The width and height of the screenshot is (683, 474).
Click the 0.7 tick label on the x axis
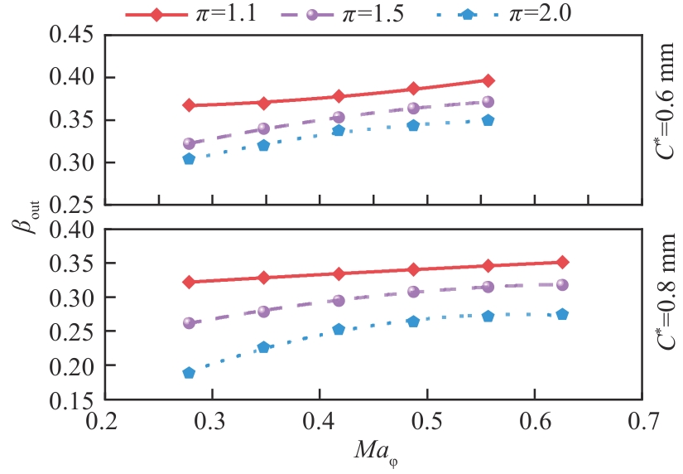click(x=642, y=422)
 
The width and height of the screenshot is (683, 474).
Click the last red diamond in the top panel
click(x=488, y=80)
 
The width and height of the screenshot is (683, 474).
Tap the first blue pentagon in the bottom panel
click(x=189, y=373)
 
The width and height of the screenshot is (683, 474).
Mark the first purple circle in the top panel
click(x=189, y=143)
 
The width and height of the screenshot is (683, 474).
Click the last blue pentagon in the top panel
click(x=488, y=120)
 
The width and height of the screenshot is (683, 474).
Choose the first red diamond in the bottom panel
click(x=189, y=282)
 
